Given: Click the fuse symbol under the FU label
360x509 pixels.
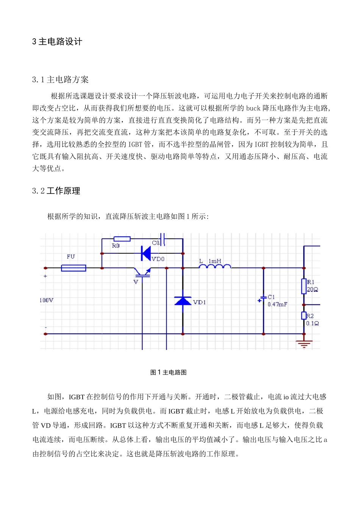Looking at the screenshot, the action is [74, 268].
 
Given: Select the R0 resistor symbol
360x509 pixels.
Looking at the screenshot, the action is [122, 239].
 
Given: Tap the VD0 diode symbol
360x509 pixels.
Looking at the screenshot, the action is [146, 253].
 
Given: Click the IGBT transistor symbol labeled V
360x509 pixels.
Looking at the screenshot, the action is [142, 272].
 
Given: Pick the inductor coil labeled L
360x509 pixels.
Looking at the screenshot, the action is [215, 267].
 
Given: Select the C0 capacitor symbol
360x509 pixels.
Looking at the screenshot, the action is [162, 239].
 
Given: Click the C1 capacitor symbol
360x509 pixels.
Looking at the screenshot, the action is [263, 299].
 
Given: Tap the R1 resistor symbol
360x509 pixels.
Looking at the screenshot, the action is [304, 286].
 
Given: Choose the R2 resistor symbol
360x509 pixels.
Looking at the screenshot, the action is [304, 316].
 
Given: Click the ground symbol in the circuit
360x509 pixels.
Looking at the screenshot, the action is [304, 344].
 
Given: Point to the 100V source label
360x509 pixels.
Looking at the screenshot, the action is [46, 300].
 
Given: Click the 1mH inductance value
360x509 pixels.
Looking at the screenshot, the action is [215, 261].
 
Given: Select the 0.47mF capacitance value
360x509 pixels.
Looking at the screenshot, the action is [277, 304].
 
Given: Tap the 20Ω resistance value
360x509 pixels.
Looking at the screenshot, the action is [313, 290].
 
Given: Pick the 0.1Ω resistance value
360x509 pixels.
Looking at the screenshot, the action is [313, 323].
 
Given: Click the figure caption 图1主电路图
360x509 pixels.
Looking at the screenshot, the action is [168, 373].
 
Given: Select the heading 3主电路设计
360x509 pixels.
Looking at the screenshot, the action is [57, 42].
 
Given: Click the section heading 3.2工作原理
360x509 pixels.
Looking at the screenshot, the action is [56, 191].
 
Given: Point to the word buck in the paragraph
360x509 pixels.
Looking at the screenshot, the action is [253, 108].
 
